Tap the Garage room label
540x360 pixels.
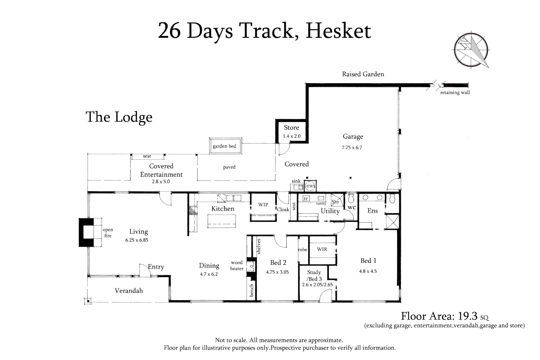353,136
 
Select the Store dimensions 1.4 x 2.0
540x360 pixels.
292,136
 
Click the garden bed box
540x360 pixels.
224,146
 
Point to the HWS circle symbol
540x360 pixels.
310,186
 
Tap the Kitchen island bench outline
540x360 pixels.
222,221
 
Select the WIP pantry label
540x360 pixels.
263,205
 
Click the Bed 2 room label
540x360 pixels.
278,263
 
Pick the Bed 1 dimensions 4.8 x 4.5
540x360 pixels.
368,271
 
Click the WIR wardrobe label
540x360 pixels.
322,249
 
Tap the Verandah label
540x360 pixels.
129,291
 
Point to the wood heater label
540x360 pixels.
237,265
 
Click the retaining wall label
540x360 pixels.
455,93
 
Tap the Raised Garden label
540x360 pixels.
363,74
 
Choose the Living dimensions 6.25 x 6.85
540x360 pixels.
137,240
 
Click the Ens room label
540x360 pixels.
372,211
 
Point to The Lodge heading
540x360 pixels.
119,117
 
